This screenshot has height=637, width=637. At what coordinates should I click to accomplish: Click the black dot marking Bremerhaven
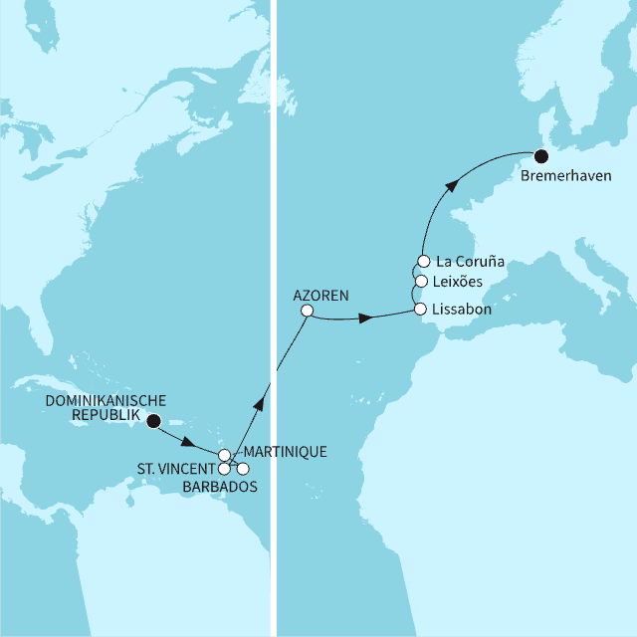click(x=540, y=156)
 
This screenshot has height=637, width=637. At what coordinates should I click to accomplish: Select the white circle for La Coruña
click(x=421, y=263)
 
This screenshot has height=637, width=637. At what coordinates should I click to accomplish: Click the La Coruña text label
click(x=472, y=263)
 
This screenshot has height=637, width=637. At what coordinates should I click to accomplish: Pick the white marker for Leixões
click(x=421, y=282)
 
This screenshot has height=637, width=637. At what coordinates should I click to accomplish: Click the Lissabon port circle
click(x=421, y=311)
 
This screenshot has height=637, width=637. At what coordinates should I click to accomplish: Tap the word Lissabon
click(x=464, y=311)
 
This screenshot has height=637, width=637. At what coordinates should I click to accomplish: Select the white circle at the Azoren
click(x=308, y=312)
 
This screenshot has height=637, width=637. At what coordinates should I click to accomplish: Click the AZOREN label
click(x=320, y=296)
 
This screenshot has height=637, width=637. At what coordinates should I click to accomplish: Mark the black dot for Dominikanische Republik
click(x=153, y=421)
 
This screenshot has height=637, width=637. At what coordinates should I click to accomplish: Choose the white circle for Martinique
click(x=225, y=455)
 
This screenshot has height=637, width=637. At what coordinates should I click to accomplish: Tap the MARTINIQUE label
click(x=285, y=452)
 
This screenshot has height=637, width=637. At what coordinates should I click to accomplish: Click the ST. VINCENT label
click(x=175, y=469)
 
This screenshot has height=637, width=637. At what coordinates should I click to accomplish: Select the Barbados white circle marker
click(x=243, y=468)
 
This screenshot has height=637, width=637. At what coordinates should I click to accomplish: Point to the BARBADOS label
click(x=221, y=487)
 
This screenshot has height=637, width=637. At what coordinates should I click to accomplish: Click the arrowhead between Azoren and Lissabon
click(x=366, y=318)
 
